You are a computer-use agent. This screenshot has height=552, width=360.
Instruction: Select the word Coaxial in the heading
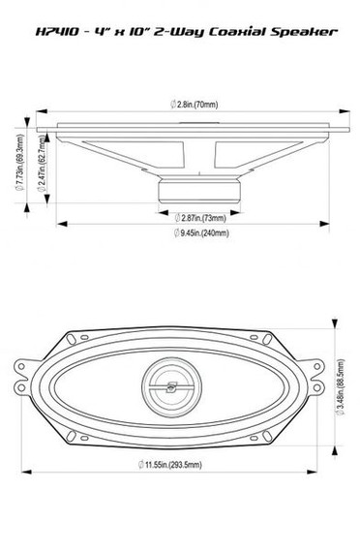coord(234,32)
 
